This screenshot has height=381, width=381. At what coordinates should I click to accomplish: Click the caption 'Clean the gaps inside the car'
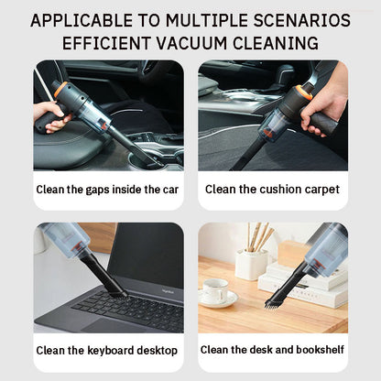tap(108, 190)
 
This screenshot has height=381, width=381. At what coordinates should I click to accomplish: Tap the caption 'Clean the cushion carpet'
tap(272, 190)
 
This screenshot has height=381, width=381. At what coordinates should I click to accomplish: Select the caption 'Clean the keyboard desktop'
tap(108, 350)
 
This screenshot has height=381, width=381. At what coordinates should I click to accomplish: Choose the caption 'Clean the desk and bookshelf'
tap(272, 349)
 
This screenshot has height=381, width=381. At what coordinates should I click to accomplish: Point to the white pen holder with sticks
tap(251, 263)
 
